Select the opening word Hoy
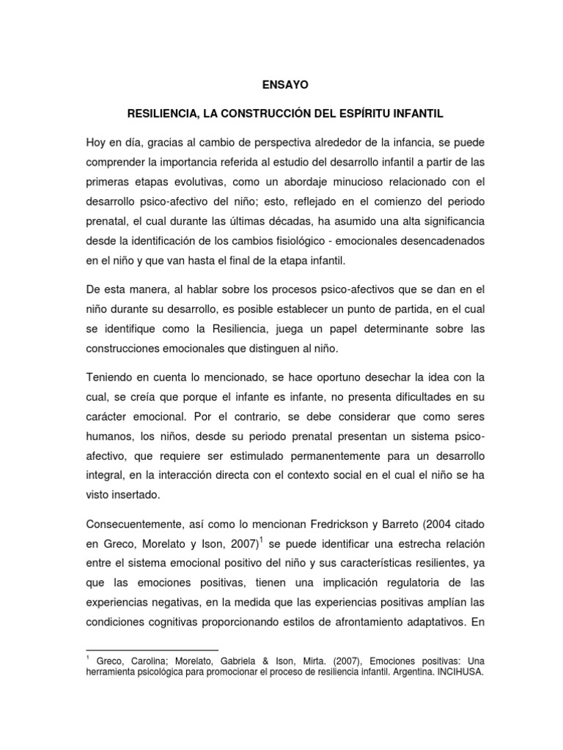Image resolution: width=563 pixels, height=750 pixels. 96,141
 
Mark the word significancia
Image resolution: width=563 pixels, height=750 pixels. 446,221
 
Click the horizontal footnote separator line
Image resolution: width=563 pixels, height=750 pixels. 152,649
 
